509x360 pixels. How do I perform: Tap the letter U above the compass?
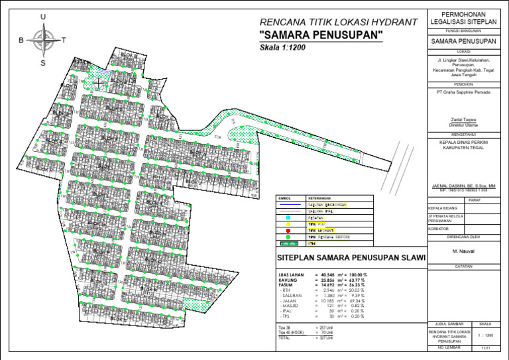43,17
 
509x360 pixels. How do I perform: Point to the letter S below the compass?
43,63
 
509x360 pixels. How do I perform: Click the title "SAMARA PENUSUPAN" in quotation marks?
321,35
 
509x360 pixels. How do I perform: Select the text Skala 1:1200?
284,48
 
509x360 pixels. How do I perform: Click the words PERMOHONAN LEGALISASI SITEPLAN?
463,19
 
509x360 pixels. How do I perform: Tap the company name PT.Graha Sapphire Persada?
463,92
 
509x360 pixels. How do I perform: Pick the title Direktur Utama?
463,124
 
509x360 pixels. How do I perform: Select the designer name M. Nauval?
463,251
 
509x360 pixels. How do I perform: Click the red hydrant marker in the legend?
288,231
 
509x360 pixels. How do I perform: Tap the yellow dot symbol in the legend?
288,224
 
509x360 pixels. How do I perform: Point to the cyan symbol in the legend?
288,217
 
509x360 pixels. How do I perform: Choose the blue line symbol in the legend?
288,205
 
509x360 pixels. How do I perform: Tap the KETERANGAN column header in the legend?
319,198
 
